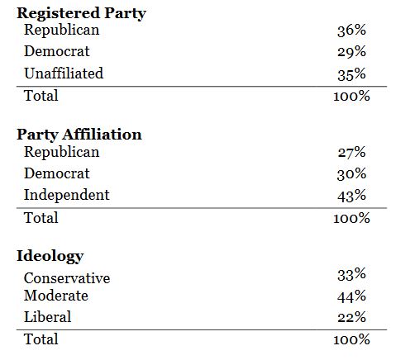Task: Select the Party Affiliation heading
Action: tap(79, 134)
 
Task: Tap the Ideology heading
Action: tap(50, 255)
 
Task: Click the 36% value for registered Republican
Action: tap(351, 31)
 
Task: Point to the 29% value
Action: tap(351, 52)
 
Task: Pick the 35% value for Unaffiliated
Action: tap(351, 73)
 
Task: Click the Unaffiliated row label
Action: tap(64, 73)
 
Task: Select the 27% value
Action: tap(351, 153)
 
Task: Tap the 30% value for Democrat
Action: tap(351, 174)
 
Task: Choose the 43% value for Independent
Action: tap(351, 196)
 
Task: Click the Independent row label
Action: tap(67, 196)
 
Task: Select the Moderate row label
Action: tap(56, 296)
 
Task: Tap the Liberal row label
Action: tap(48, 317)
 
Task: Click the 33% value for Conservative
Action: tap(351, 274)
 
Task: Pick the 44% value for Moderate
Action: tap(351, 296)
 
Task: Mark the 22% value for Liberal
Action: tap(351, 317)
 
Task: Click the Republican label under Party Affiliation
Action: tap(62, 153)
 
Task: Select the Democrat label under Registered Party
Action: tap(57, 52)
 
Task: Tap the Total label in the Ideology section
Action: tap(41, 339)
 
